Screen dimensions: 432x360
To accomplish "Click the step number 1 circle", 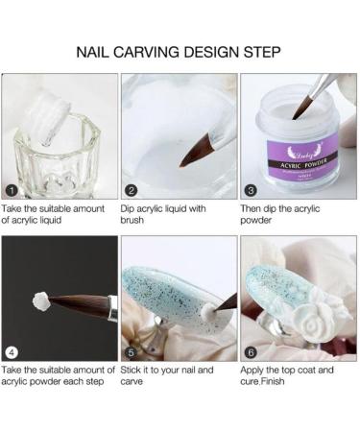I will tap(11, 191).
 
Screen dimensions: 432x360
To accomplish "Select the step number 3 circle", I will tap(250, 191).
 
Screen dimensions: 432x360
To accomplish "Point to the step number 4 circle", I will tap(11, 351).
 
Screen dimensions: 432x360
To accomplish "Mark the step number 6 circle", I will tap(250, 351).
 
